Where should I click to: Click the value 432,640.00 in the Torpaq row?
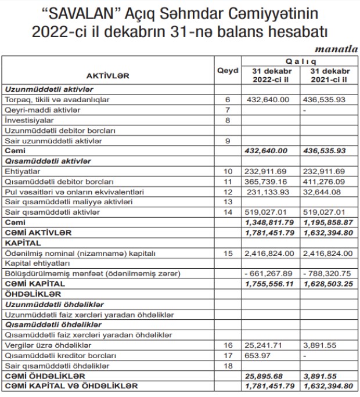click(x=269, y=100)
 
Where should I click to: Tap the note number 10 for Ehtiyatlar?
click(x=228, y=172)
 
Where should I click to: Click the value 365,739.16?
click(x=269, y=182)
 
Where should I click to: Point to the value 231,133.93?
click(x=269, y=192)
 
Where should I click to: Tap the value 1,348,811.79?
click(x=270, y=223)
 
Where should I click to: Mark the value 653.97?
click(x=259, y=355)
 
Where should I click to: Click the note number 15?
click(x=228, y=254)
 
